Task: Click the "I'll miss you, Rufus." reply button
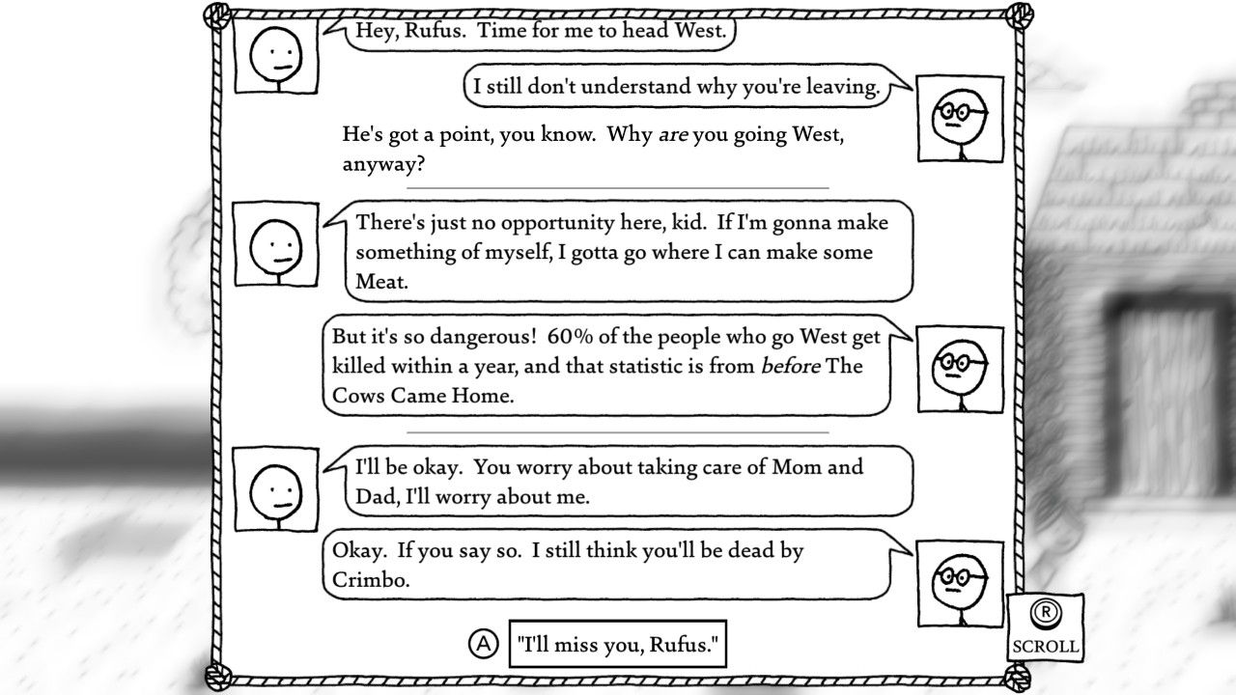click(x=618, y=643)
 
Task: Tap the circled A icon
click(x=483, y=643)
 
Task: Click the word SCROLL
click(x=1044, y=646)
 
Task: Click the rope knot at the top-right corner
click(x=1017, y=14)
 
